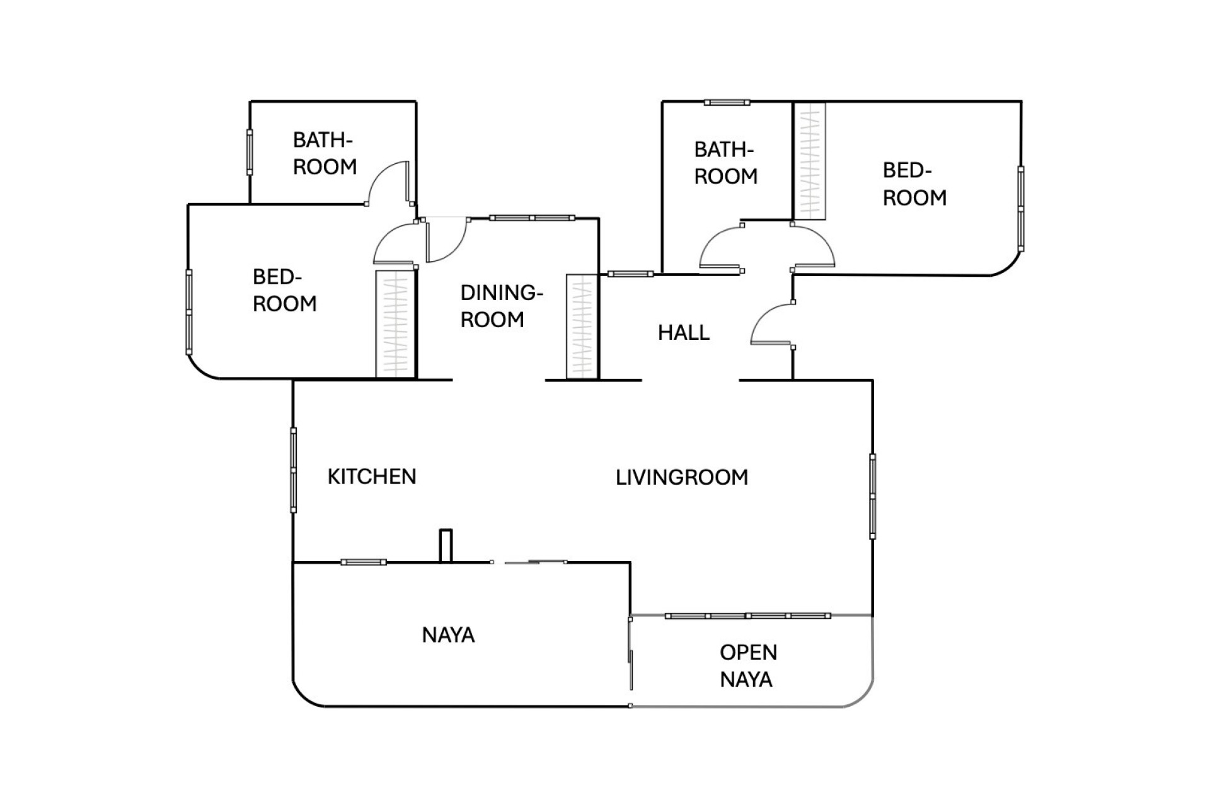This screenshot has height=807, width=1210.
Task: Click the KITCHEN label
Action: click(372, 477)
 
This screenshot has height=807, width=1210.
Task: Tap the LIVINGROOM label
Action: click(682, 477)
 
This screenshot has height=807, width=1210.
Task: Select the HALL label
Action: click(684, 332)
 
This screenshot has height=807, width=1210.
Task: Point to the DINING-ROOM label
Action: click(501, 306)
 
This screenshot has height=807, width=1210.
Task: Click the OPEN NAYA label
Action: click(748, 666)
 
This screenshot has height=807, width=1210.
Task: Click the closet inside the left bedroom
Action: click(395, 324)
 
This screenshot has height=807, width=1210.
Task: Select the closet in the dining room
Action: click(582, 327)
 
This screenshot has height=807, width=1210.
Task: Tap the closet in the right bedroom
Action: click(809, 161)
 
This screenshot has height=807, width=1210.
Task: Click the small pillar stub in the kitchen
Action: click(446, 545)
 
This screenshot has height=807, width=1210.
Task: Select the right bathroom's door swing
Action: click(720, 249)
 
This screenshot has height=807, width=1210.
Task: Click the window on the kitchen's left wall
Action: click(294, 470)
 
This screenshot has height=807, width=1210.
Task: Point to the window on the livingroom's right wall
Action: click(872, 496)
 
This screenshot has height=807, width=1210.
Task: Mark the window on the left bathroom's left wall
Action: click(250, 152)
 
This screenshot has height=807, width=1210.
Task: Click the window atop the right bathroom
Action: click(727, 102)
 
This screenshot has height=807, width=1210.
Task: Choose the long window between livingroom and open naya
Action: click(747, 615)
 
